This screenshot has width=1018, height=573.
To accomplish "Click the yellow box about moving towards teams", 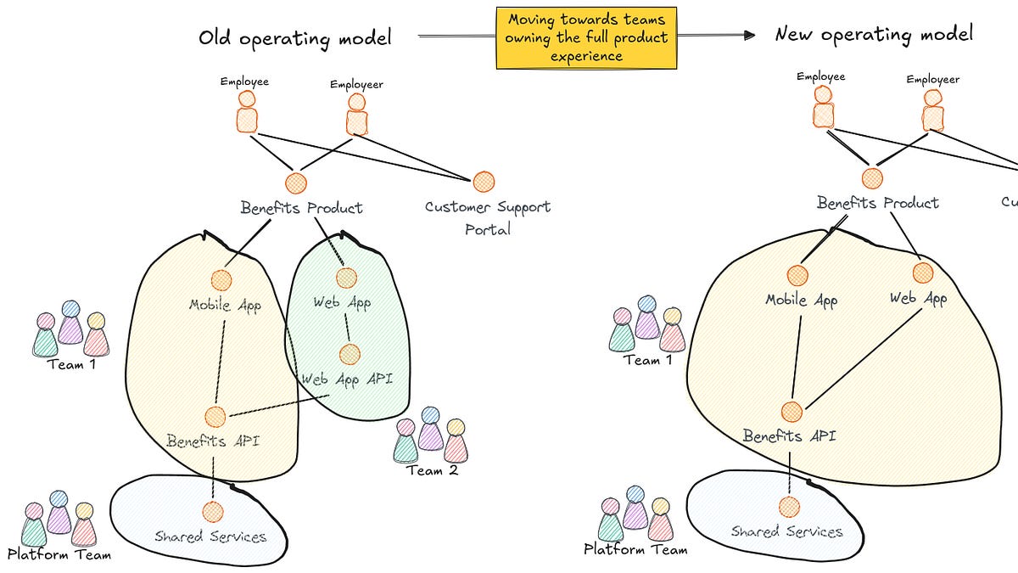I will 586,38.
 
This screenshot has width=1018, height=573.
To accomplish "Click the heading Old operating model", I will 295,37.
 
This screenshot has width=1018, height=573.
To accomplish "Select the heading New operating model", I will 874,34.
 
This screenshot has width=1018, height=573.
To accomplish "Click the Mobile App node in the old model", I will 221,280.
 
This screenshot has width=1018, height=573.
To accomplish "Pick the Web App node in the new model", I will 923,272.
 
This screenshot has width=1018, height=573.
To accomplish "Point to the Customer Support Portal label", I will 487,217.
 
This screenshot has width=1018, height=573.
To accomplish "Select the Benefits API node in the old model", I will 215,416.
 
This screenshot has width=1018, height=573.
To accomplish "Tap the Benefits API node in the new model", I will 791,412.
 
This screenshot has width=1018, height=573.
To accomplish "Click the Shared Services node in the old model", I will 212,511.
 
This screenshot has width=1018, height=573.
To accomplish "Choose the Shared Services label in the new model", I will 787,531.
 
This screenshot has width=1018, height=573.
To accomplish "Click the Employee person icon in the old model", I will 246,111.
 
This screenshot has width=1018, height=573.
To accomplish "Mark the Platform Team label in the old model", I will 59,554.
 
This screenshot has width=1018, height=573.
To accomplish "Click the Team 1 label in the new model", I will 647,360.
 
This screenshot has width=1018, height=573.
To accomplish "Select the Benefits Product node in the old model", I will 295,183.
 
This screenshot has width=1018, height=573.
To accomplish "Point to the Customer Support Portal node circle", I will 484,181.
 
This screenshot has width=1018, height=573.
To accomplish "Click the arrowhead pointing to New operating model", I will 748,35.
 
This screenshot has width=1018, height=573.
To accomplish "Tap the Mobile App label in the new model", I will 801,300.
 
